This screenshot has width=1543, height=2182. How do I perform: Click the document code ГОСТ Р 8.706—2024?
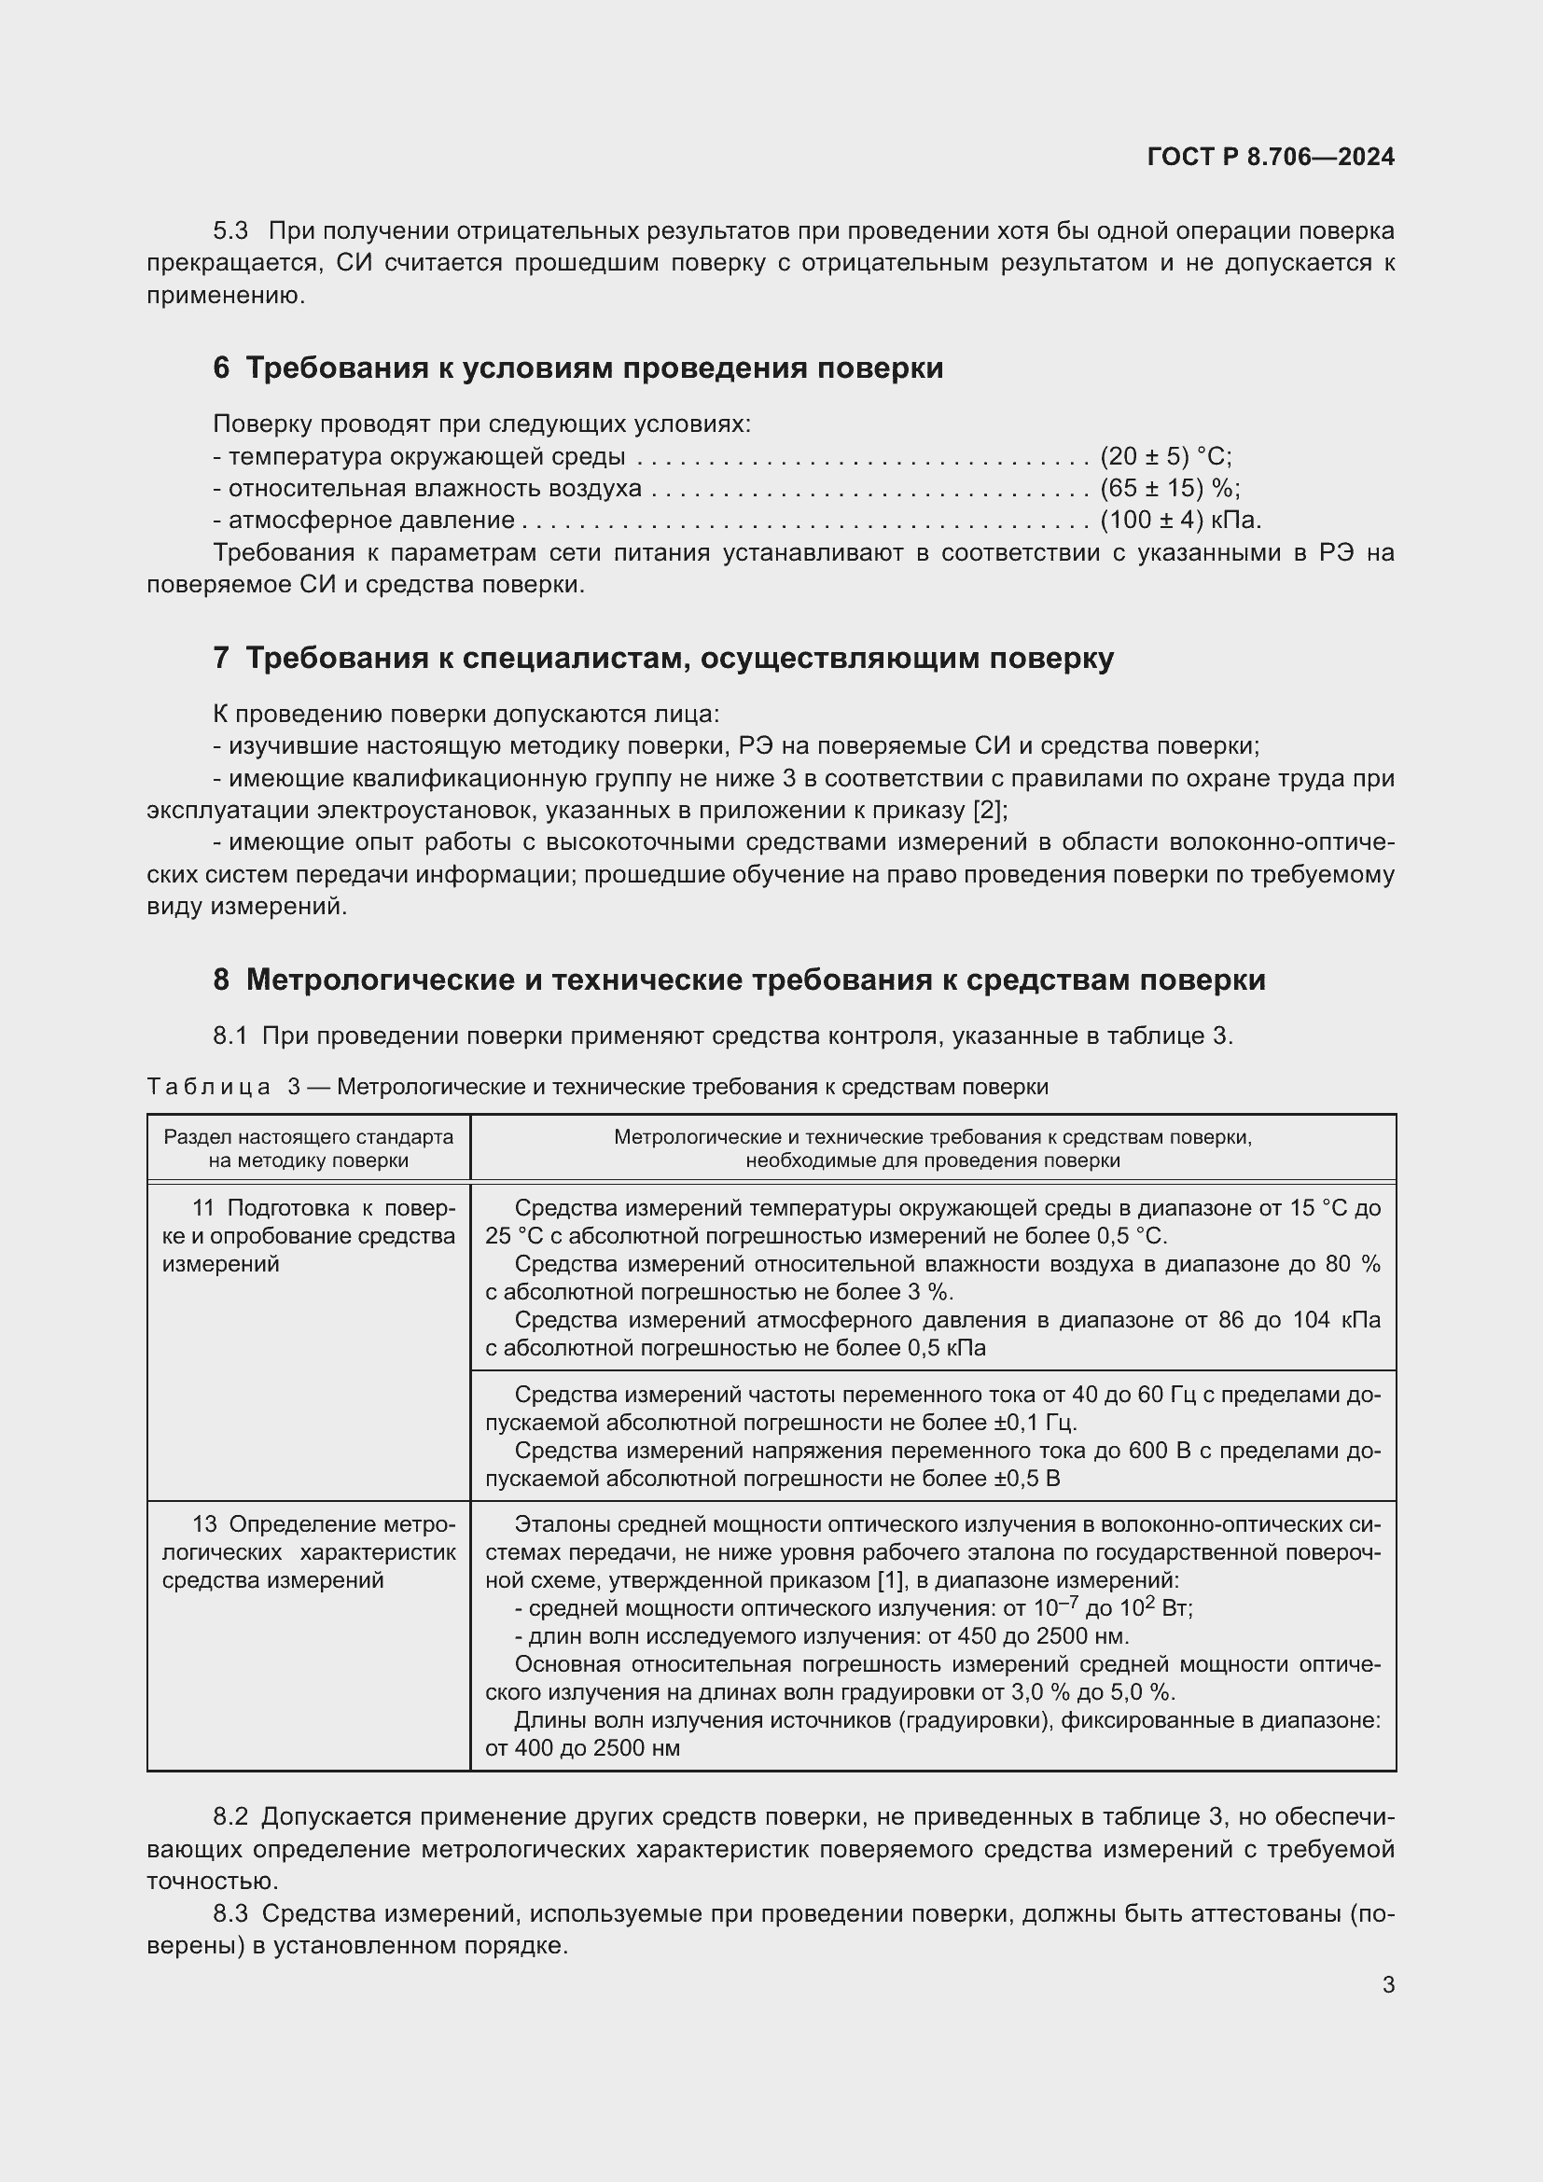click(x=1271, y=157)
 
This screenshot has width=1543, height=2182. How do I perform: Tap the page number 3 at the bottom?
click(x=1388, y=1984)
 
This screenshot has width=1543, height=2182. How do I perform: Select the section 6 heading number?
click(x=220, y=368)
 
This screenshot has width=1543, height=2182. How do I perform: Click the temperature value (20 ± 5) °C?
click(x=1165, y=456)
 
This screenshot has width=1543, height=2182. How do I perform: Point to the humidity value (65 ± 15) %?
click(x=1170, y=489)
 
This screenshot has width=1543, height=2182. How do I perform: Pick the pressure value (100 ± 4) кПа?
click(x=1180, y=520)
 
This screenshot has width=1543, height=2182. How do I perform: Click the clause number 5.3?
click(x=229, y=231)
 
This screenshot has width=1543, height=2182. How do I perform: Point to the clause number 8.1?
click(x=229, y=1035)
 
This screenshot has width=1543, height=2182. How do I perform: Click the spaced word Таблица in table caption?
click(x=209, y=1086)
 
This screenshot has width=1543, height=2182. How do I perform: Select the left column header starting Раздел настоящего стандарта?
click(x=308, y=1148)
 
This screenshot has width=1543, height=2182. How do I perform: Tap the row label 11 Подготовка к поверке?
click(x=308, y=1235)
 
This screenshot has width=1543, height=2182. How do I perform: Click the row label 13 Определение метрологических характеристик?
click(x=308, y=1552)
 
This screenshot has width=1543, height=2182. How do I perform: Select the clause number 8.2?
click(x=229, y=1817)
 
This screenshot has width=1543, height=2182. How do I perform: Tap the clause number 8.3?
click(x=229, y=1913)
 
